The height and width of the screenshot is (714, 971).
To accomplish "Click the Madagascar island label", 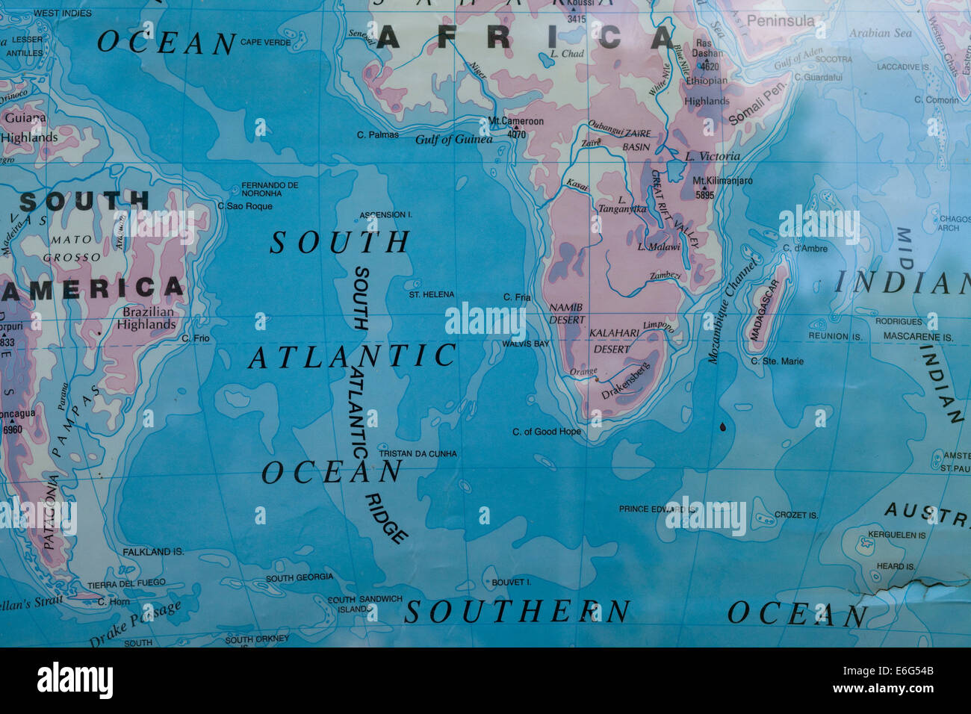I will (x=765, y=310).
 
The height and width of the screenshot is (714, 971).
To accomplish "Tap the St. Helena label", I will (x=431, y=295).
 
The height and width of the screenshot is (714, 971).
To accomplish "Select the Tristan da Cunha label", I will (x=418, y=453).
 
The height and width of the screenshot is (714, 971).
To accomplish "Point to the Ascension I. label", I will (x=385, y=215).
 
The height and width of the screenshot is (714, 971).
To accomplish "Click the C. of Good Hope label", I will (x=546, y=432).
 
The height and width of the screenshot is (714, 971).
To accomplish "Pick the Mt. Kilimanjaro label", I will (x=722, y=181).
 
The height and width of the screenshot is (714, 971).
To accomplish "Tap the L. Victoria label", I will (x=713, y=156).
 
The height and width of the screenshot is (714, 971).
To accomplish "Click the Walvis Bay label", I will (x=525, y=344).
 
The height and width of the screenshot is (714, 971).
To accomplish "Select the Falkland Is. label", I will (x=152, y=552).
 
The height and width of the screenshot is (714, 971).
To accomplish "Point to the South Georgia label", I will (x=300, y=577).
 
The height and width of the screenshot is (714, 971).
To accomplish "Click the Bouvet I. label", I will (x=511, y=583).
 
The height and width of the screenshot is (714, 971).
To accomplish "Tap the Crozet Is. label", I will (x=795, y=515).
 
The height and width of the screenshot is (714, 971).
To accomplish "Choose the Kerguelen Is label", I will (x=896, y=535).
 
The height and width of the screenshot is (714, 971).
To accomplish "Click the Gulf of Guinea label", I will (x=453, y=140).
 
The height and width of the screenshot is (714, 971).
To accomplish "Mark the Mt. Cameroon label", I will (x=515, y=121).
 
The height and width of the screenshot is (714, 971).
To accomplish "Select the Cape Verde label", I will (x=265, y=43).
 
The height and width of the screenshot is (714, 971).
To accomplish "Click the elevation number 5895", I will (x=704, y=196).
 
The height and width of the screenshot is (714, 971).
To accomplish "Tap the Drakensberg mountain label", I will (x=626, y=381).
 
